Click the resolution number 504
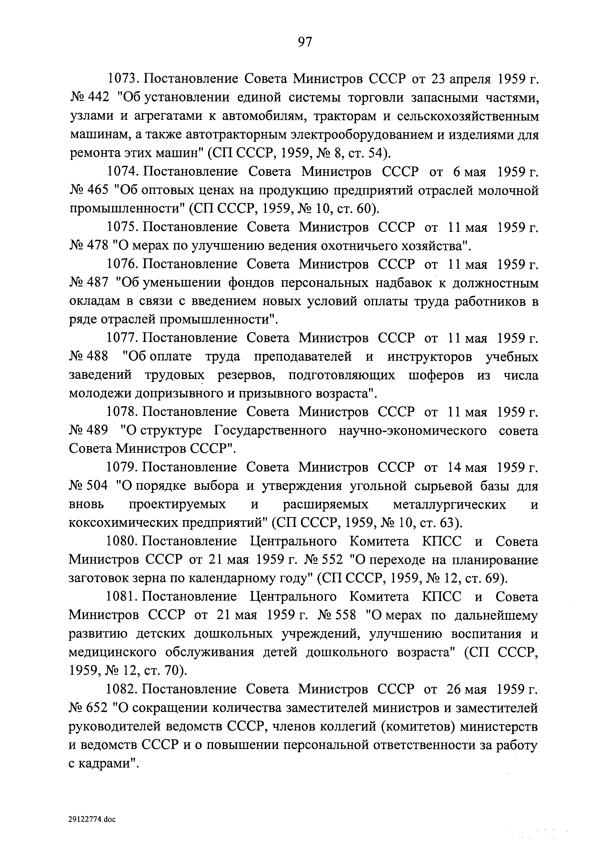(x=98, y=486)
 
